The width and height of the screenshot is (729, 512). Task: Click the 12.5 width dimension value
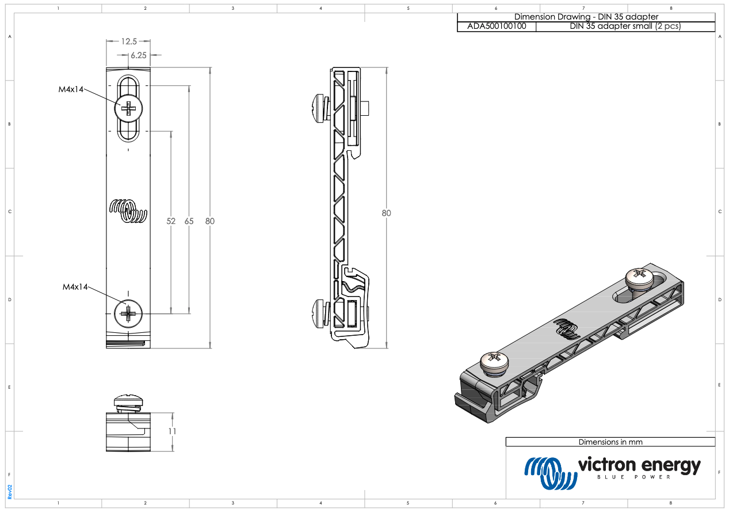point(129,41)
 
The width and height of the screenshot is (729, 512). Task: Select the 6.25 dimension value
point(139,55)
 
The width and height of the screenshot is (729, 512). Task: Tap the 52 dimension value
point(171,221)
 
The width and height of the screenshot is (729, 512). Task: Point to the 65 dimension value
point(189,221)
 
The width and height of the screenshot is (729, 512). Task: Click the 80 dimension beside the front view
point(210,221)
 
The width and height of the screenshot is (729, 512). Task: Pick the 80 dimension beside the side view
point(386,213)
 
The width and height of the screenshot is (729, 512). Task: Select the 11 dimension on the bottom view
point(172,431)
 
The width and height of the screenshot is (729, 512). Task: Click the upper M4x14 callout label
point(71,89)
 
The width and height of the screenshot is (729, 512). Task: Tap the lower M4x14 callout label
point(75,287)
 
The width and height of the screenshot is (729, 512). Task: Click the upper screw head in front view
point(128,108)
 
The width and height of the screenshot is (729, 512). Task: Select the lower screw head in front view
point(128,314)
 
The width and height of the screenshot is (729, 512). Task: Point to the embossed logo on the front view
point(128,211)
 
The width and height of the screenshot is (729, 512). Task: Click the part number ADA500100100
point(497,26)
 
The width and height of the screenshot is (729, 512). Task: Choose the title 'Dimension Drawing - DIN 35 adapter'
point(586,17)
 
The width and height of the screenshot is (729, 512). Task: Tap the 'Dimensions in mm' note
point(610,442)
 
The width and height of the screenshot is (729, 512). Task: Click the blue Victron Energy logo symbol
point(551,473)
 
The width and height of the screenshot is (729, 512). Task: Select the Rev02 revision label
point(10,492)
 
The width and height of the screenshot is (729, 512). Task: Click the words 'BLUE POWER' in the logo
point(634,477)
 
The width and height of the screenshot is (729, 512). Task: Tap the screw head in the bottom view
point(128,400)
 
